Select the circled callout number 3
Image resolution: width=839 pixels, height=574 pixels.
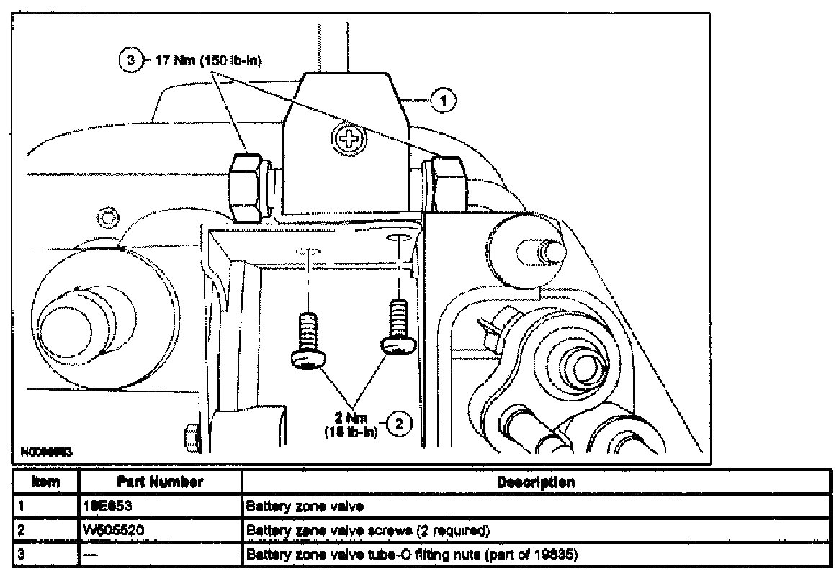pos(125,60)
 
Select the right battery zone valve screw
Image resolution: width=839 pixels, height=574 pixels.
pos(398,329)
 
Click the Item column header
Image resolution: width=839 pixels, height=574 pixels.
pos(46,482)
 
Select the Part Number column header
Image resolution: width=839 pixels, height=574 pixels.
pos(159,482)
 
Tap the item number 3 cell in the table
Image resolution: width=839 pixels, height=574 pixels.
pos(22,555)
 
